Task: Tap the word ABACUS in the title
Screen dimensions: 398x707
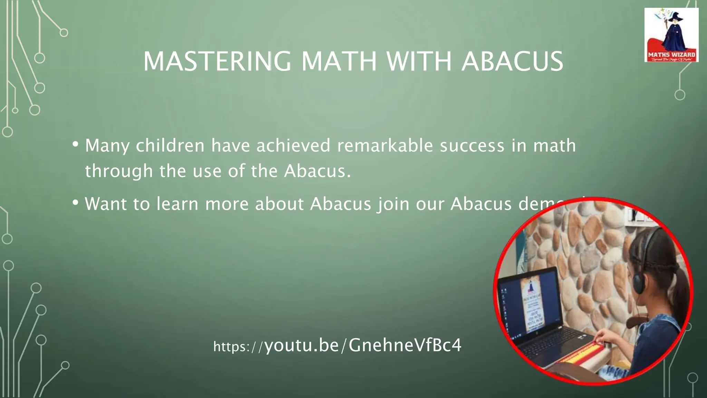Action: pyautogui.click(x=512, y=61)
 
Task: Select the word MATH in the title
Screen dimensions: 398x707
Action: pyautogui.click(x=339, y=61)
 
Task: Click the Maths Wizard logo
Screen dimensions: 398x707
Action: pyautogui.click(x=671, y=35)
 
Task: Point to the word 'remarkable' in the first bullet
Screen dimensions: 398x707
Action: pyautogui.click(x=385, y=145)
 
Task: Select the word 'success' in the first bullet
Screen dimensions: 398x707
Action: pyautogui.click(x=472, y=145)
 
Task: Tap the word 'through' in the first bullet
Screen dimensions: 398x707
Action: pyautogui.click(x=119, y=171)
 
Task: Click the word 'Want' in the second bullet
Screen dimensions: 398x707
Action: pyautogui.click(x=106, y=203)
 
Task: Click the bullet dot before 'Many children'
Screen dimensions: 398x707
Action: pyautogui.click(x=75, y=144)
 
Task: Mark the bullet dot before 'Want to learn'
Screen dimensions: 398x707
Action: pyautogui.click(x=75, y=202)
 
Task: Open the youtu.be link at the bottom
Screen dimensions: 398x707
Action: pyautogui.click(x=337, y=345)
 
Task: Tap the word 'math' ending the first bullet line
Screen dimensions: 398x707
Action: pyautogui.click(x=554, y=145)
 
